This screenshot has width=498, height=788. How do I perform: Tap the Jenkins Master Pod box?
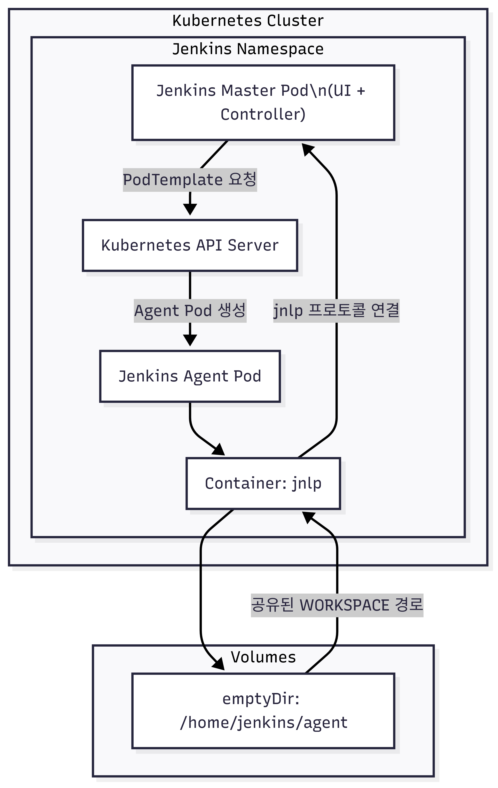pos(263,103)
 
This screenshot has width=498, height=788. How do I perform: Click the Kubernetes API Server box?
pos(190,245)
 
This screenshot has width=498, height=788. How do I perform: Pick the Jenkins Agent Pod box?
pos(190,376)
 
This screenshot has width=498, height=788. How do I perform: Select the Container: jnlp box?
pos(263,483)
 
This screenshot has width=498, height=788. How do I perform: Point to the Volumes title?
pos(263,657)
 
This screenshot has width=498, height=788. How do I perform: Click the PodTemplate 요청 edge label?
pos(190,180)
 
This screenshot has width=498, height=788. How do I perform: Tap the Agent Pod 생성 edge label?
pos(190,310)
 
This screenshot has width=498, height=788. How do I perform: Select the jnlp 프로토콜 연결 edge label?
pos(336,310)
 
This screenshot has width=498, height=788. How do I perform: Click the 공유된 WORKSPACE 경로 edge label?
pos(337,605)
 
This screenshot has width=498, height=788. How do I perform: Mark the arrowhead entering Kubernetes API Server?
pos(190,210)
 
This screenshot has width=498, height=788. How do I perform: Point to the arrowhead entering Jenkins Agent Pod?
pos(190,340)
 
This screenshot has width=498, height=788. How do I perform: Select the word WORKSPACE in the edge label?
pos(344,605)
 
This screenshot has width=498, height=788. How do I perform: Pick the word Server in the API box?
pos(253,245)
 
